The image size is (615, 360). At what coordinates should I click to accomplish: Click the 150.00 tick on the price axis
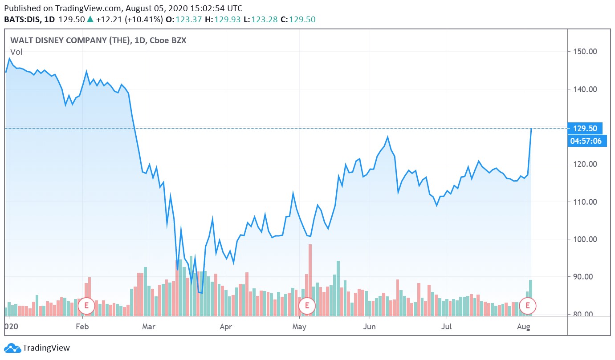click(x=584, y=52)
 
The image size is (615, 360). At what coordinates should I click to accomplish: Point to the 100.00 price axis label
click(x=584, y=239)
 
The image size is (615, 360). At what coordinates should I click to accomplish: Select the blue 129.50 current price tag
click(x=585, y=128)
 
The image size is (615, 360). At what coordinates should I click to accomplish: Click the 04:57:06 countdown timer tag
click(x=585, y=141)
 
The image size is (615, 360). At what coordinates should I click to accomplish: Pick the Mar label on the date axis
click(x=148, y=328)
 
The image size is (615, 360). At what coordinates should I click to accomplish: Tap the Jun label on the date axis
click(x=370, y=328)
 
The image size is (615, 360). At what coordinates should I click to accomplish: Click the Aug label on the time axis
click(x=524, y=328)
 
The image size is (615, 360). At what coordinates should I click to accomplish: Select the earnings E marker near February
click(x=86, y=306)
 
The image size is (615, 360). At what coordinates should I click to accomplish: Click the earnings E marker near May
click(x=307, y=306)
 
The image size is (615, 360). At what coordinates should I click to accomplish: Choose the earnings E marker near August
click(x=528, y=306)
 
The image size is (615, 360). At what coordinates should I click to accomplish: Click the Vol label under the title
click(x=16, y=52)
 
